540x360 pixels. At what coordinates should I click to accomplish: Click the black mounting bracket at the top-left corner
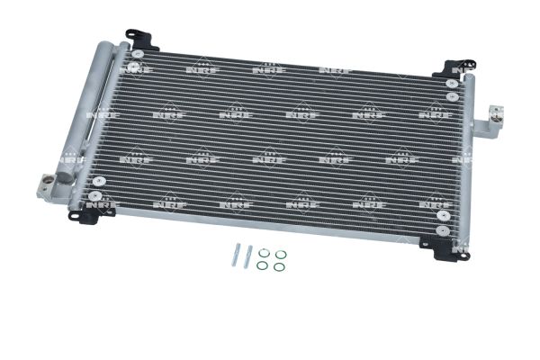[x=141, y=39]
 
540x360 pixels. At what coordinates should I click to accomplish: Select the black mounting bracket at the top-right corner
[x=454, y=68]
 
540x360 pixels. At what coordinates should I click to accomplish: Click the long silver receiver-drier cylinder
[x=89, y=111]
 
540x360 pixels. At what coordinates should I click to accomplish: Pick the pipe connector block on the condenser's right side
[x=489, y=121]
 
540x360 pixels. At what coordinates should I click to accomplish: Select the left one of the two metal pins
[x=236, y=254]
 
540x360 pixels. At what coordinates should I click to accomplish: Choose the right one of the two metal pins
[x=248, y=256]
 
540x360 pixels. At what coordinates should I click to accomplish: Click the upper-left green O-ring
[x=264, y=253]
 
